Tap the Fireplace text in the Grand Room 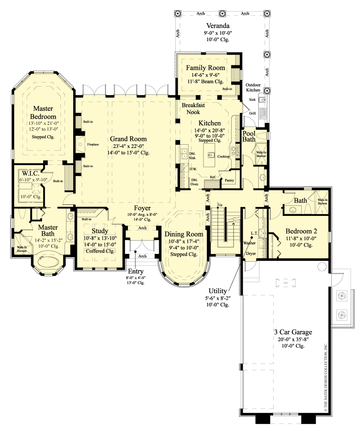93,144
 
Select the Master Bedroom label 43,112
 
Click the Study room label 100,231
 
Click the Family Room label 205,68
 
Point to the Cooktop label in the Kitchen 223,156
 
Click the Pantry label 229,180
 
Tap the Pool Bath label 249,136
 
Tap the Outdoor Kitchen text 253,87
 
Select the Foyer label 142,208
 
